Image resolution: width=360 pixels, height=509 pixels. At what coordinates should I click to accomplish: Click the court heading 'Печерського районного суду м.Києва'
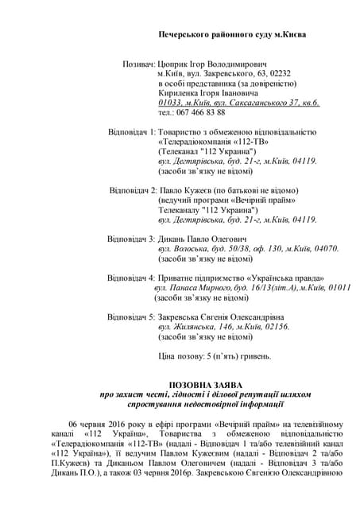pos(231,35)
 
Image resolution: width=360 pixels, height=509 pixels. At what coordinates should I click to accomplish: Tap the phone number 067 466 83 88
pos(203,112)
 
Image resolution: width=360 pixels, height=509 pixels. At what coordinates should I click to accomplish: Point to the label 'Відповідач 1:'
pos(132,131)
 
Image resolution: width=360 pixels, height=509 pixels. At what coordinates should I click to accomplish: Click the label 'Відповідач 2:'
pos(133,190)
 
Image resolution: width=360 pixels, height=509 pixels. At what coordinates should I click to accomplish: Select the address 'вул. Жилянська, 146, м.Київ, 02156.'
pos(224,327)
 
